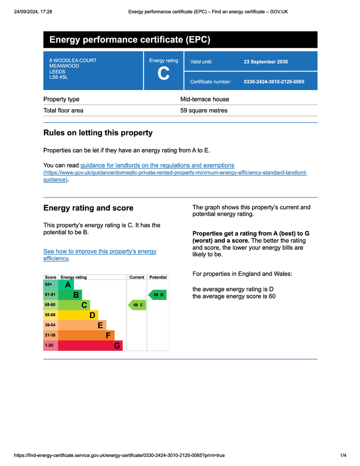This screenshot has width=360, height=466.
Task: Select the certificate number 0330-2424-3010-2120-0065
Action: [x=274, y=82]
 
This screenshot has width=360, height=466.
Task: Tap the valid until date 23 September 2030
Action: [x=266, y=62]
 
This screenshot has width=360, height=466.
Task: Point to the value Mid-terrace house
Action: [x=205, y=99]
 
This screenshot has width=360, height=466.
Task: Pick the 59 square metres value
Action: [x=204, y=110]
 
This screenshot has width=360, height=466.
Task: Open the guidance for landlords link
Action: [x=157, y=165]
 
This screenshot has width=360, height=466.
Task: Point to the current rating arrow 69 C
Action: [x=137, y=305]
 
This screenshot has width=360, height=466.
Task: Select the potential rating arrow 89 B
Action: [x=157, y=295]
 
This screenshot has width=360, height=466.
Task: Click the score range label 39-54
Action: [x=50, y=325]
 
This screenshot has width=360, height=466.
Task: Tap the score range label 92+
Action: [x=49, y=284]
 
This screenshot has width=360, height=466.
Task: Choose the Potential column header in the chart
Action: [x=158, y=277]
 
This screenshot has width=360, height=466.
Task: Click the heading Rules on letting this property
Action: [x=98, y=133]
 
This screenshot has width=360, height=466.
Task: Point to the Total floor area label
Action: [x=63, y=110]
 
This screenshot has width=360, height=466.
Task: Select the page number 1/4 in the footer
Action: [x=343, y=456]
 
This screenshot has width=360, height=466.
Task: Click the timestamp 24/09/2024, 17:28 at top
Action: [x=33, y=11]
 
